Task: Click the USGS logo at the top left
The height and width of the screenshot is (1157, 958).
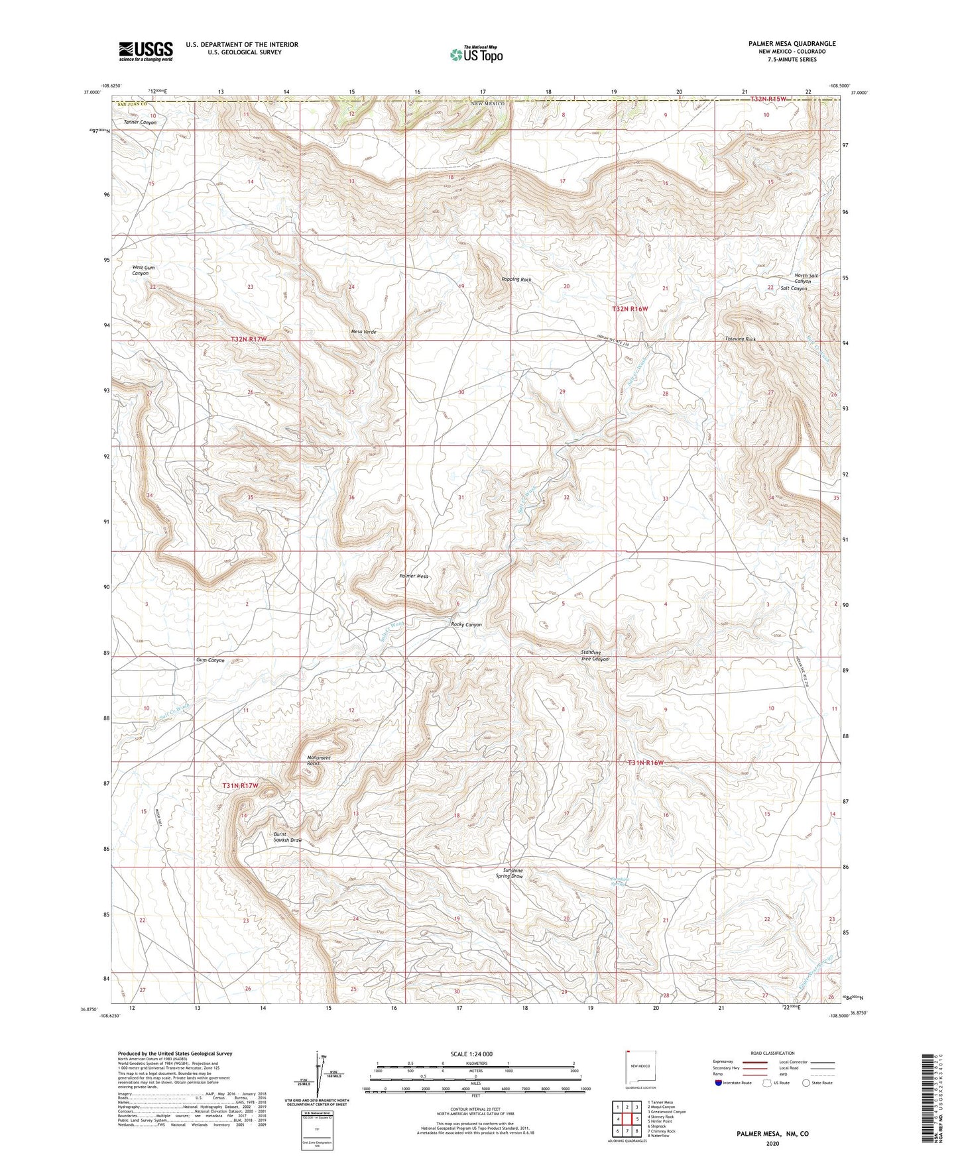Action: pos(146,51)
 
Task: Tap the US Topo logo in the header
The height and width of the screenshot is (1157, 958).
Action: pos(476,54)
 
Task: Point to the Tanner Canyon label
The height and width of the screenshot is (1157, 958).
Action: pos(140,123)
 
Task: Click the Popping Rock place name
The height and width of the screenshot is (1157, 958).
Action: pos(516,280)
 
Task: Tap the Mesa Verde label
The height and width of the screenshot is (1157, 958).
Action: pos(364,331)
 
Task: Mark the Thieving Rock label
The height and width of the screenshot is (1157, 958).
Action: pos(741,339)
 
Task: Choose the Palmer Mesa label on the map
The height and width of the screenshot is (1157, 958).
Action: pos(414,576)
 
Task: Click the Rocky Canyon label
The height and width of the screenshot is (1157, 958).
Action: pos(466,624)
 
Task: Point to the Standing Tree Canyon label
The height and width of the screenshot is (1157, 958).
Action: pos(594,655)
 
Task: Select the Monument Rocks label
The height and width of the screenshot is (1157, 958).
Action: pos(319,760)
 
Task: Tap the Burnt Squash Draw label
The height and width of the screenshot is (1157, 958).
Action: pos(288,837)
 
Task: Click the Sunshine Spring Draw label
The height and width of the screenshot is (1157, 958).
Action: pos(513,873)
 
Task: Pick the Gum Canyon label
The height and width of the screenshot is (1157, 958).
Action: pos(210,660)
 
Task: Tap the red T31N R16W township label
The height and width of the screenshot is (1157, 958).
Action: pos(645,763)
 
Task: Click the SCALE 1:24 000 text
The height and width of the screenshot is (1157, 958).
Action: pos(471,1054)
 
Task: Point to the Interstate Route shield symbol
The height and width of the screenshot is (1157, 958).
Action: pos(719,1083)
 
